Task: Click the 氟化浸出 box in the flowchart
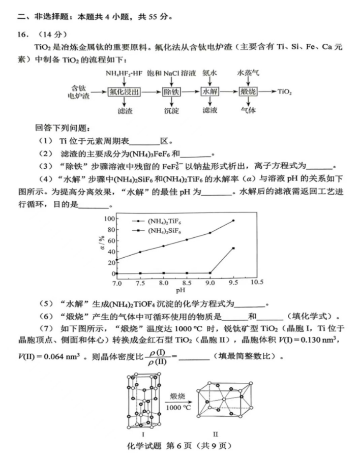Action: [x=124, y=92]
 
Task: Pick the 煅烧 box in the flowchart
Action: [x=249, y=92]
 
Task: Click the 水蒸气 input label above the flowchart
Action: [x=249, y=73]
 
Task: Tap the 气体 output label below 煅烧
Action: [x=249, y=110]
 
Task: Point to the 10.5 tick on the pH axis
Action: [x=257, y=282]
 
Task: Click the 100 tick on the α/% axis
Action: [x=108, y=219]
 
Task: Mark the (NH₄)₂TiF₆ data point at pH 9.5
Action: [x=233, y=221]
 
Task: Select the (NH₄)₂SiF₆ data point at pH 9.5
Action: [x=233, y=248]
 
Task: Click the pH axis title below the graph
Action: [x=181, y=291]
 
